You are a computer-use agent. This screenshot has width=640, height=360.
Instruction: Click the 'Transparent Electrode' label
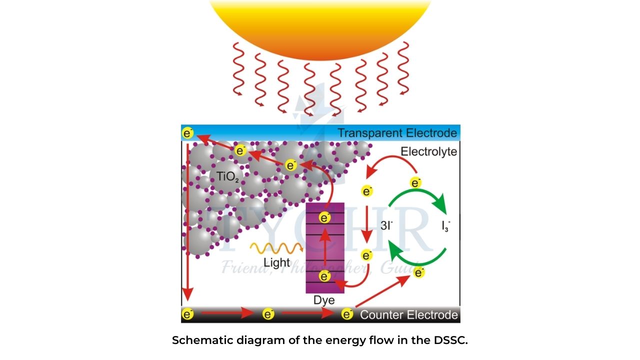tap(396, 133)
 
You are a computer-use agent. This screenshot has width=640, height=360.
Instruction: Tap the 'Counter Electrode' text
tap(408, 315)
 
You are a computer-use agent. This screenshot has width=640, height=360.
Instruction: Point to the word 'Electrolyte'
tap(428, 151)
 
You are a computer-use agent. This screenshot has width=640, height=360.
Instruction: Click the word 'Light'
tap(276, 262)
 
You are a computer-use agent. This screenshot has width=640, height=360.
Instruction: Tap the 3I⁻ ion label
tap(386, 225)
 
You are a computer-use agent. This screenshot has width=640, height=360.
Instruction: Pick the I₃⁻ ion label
tap(445, 226)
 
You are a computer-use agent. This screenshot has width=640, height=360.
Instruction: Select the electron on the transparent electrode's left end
tap(187, 133)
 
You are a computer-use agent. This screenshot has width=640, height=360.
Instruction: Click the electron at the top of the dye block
tap(324, 218)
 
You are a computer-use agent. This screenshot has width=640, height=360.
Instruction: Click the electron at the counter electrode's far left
tap(187, 314)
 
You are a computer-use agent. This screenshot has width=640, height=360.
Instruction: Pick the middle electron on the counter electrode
tap(268, 314)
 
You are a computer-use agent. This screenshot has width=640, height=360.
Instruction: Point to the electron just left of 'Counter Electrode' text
tap(347, 314)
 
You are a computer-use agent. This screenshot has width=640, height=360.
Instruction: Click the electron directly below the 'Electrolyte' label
tap(415, 183)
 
